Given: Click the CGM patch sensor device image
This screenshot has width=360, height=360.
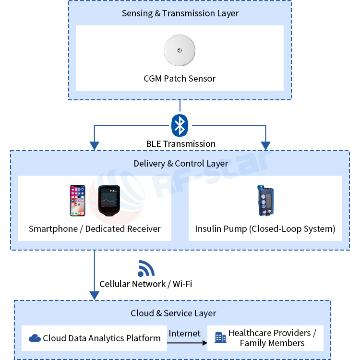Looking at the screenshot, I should (x=180, y=50).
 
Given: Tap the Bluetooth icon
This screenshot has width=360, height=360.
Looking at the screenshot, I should (x=180, y=125).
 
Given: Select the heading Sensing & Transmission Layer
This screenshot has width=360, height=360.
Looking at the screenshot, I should (x=180, y=13).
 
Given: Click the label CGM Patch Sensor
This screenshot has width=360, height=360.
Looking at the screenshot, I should (x=180, y=78).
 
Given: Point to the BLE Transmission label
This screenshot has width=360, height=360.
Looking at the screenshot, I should (x=180, y=144).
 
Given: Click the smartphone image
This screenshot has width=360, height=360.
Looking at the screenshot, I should (x=77, y=200).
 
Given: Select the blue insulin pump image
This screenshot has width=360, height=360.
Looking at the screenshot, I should (x=264, y=201).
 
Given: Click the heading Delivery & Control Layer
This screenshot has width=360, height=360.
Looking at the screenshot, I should (x=180, y=163).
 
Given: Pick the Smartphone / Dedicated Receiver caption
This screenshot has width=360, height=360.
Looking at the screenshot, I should (x=95, y=228).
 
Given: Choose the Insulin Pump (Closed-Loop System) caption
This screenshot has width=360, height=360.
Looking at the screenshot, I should (x=265, y=228).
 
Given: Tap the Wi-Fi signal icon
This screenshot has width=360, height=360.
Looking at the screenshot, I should (x=145, y=268).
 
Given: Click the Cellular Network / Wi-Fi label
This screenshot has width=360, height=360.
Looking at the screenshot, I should (x=145, y=284).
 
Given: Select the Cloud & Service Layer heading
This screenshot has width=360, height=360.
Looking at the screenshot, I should (x=173, y=313).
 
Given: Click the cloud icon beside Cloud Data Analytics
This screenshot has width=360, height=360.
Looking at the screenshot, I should (x=35, y=338).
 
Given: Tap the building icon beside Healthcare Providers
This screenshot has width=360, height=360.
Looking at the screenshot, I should (x=220, y=337).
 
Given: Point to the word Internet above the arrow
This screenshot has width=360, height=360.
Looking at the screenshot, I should (x=184, y=333).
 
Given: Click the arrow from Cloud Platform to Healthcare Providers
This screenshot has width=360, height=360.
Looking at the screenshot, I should (x=187, y=343).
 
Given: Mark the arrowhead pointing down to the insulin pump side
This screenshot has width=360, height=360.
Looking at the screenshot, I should (x=265, y=145).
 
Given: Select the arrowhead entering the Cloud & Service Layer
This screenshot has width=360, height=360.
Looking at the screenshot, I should (x=95, y=294).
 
